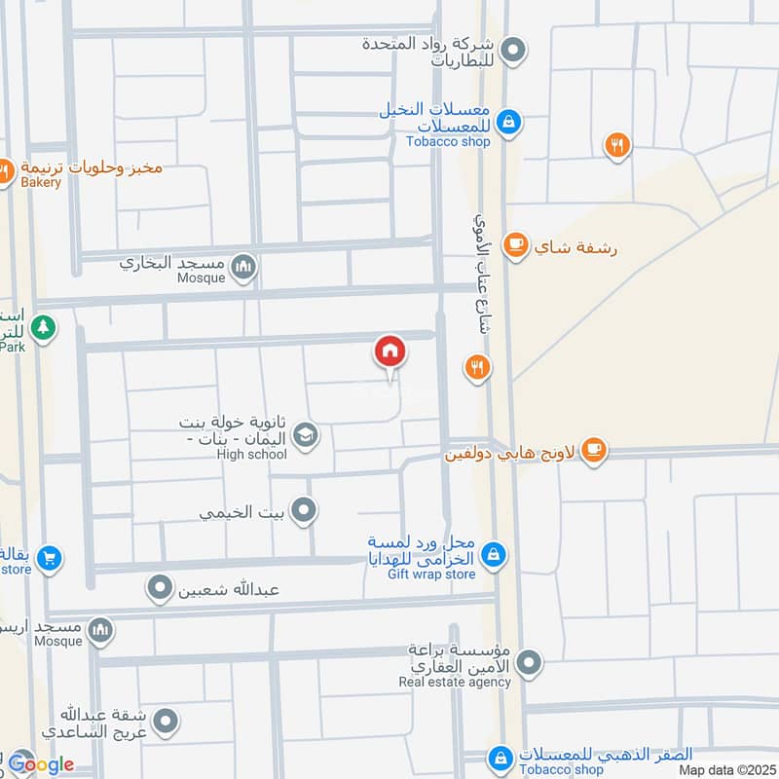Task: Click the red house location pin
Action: [389, 352]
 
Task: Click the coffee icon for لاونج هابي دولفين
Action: [593, 450]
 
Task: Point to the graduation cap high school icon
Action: [305, 435]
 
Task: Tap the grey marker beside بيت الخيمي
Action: [305, 509]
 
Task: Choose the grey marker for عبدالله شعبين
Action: [159, 587]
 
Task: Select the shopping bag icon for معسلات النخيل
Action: [507, 123]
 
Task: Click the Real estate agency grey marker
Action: [529, 664]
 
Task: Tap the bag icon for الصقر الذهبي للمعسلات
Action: [501, 757]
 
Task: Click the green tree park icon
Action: [41, 327]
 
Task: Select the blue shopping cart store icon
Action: [50, 559]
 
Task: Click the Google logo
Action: [41, 764]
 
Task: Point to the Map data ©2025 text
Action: [724, 770]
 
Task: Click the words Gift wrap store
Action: [431, 575]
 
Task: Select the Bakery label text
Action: [40, 182]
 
